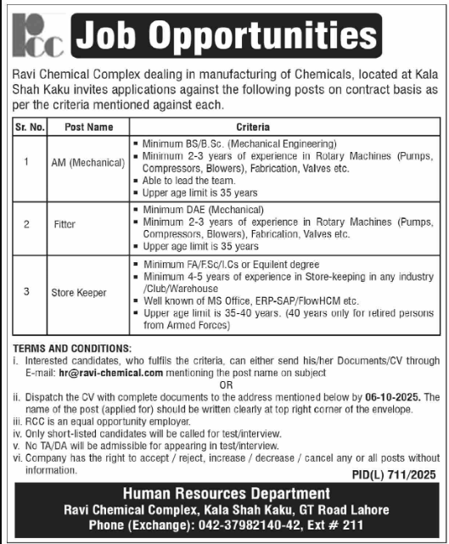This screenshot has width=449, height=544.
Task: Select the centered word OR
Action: (225, 384)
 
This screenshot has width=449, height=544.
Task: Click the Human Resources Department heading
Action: (224, 495)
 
